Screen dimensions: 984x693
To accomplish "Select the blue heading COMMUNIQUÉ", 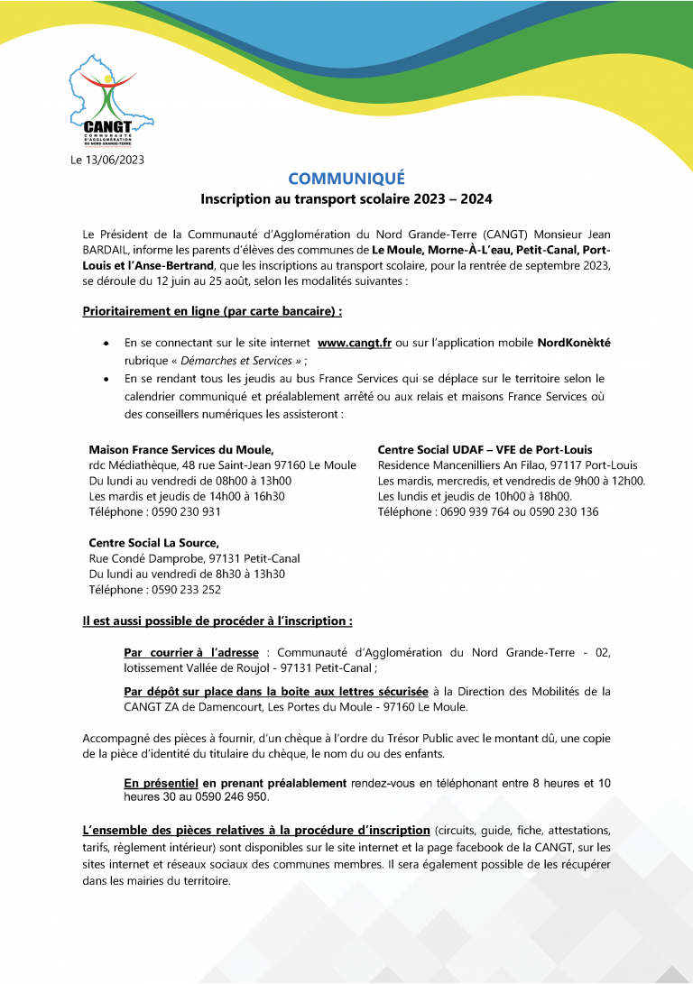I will pos(346,178).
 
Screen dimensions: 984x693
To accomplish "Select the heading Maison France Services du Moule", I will pos(180,449).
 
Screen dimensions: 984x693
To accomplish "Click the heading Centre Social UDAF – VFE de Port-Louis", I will pos(485,449).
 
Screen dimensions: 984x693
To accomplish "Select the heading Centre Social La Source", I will pos(153,543).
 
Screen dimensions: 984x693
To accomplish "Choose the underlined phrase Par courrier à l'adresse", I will pos(191,652).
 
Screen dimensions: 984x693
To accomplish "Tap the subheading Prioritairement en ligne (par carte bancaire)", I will pos(212,311).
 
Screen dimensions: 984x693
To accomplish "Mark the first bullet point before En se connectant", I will pos(106,345).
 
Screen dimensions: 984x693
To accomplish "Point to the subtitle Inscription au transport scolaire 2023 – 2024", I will pos(346,198).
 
